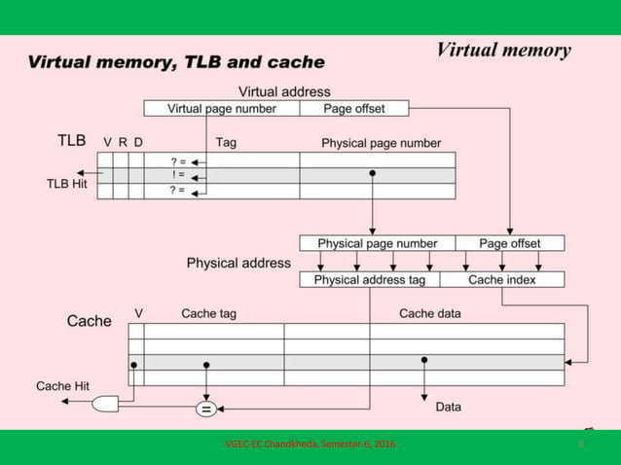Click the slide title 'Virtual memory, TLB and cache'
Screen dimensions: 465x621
pyautogui.click(x=176, y=62)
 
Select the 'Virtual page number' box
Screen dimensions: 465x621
pyautogui.click(x=222, y=109)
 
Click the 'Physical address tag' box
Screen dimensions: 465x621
pyautogui.click(x=369, y=280)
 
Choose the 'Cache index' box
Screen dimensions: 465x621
pyautogui.click(x=502, y=280)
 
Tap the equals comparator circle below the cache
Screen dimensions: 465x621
pyautogui.click(x=206, y=410)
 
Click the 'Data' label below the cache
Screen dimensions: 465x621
pyautogui.click(x=448, y=407)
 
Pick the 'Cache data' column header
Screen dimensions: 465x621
pyautogui.click(x=429, y=313)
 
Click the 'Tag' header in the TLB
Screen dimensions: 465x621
pyautogui.click(x=226, y=142)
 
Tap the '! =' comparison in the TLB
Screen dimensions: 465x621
pyautogui.click(x=177, y=176)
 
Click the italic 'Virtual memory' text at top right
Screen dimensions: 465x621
pyautogui.click(x=502, y=50)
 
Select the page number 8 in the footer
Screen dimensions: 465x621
pyautogui.click(x=581, y=445)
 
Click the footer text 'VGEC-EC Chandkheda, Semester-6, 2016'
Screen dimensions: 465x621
pyautogui.click(x=310, y=445)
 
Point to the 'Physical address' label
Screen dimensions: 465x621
pyautogui.click(x=238, y=263)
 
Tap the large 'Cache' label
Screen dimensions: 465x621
pyautogui.click(x=89, y=320)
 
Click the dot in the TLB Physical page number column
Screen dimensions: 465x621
pyautogui.click(x=372, y=173)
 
